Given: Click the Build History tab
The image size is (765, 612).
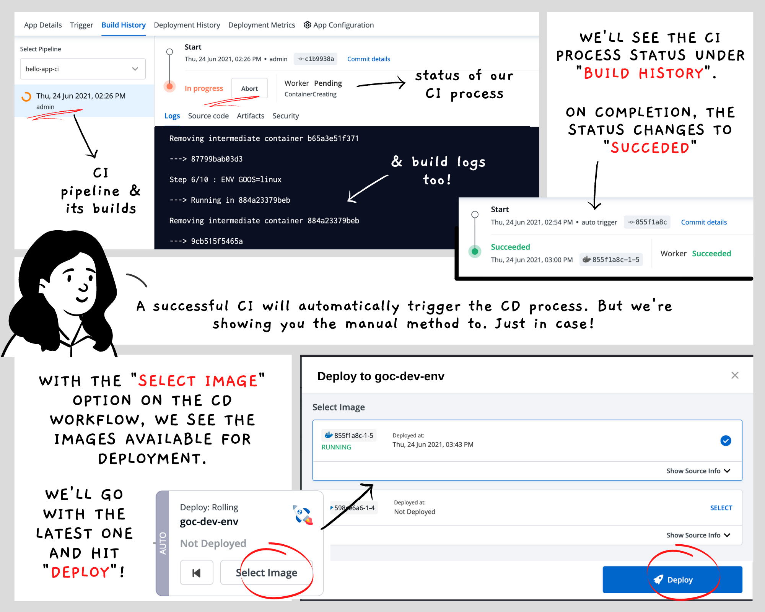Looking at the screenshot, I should tap(124, 25).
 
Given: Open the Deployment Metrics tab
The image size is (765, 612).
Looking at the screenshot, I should tap(262, 25).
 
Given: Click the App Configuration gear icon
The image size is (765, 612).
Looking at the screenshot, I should tap(307, 25).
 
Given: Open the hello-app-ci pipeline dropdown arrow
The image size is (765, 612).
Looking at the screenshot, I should tap(135, 69).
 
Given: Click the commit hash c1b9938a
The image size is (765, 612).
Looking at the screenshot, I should tap(316, 59).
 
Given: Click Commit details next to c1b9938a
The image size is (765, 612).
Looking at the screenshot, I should tap(368, 59).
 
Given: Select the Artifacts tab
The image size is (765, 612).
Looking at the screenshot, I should tap(251, 116).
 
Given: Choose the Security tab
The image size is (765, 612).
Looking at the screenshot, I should tap(285, 116).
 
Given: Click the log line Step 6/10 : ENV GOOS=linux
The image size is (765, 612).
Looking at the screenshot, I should tap(225, 180).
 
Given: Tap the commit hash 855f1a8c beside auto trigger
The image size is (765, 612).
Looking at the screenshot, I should tap(647, 222).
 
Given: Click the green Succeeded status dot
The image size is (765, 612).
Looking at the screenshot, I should tap(475, 251).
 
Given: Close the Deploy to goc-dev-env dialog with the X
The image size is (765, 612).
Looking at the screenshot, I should tap(735, 375).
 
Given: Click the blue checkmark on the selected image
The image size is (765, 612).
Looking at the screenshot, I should tap(726, 441).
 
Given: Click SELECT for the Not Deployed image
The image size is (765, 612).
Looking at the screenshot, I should tap(721, 508).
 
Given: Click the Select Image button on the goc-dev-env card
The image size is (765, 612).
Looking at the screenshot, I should tap(266, 573).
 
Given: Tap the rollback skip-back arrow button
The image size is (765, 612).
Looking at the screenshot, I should tap(197, 573).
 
